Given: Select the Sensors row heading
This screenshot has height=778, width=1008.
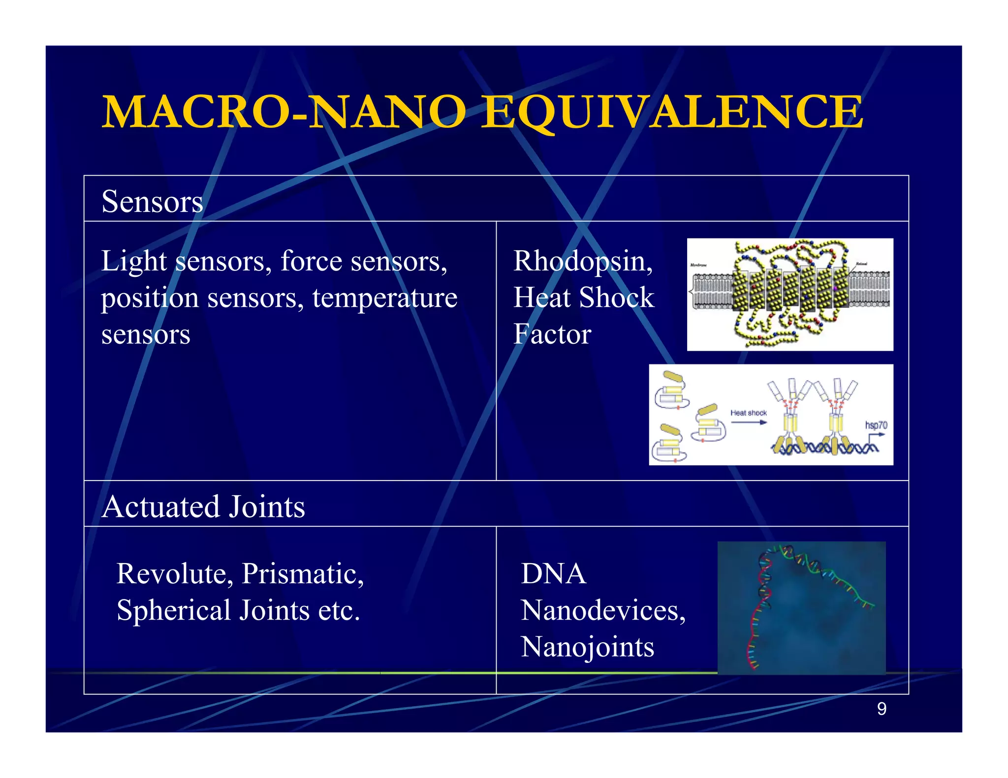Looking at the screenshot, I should tap(152, 202).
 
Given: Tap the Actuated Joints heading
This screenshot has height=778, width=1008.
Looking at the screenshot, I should tap(203, 507).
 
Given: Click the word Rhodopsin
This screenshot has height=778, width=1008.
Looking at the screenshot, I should tap(583, 261).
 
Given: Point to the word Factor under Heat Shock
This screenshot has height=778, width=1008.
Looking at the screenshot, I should tap(552, 334).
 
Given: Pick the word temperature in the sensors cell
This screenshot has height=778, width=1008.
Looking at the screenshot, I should tap(384, 298).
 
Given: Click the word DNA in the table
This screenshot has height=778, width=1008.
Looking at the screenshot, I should tap(554, 573).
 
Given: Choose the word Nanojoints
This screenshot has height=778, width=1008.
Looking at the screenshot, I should tap(588, 647).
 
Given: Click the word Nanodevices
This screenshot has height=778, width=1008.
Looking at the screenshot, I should tap(603, 610).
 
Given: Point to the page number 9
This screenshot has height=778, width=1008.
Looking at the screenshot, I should tap(882, 709).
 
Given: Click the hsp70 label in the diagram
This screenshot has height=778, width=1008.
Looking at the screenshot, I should tap(876, 425).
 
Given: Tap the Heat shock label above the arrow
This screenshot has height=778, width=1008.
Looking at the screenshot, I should tap(748, 413).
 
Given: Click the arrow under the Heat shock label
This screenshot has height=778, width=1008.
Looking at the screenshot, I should tap(748, 422).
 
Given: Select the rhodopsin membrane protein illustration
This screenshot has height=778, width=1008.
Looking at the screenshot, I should tap(790, 294).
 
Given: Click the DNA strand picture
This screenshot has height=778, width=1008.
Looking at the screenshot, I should tap(801, 608).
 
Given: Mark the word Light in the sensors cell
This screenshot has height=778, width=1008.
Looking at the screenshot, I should tap(134, 261).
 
